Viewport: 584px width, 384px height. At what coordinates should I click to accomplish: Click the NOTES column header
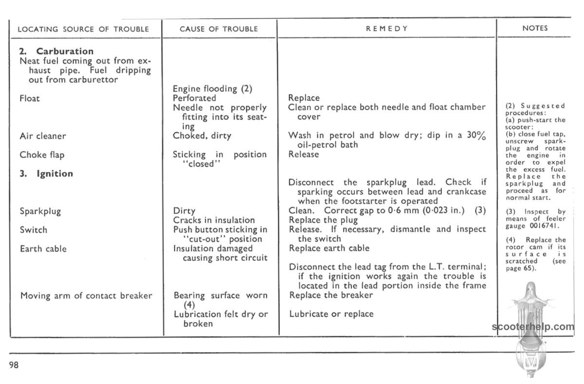535,28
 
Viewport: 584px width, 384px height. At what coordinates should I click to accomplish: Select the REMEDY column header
387,29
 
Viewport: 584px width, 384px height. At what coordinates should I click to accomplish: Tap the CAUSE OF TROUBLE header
219,29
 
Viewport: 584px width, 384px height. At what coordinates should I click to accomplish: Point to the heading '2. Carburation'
56,51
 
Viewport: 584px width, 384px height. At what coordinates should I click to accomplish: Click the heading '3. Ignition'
46,174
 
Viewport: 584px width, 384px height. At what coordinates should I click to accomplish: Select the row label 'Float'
30,98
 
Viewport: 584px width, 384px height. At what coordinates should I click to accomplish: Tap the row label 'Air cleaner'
42,136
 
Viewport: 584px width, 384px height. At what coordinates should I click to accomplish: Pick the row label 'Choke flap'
42,155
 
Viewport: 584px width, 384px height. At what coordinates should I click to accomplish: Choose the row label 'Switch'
33,230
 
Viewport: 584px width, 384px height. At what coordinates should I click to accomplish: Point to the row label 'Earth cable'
43,249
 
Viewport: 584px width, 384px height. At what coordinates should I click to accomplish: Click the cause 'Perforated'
194,98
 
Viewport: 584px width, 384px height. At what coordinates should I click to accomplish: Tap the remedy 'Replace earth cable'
329,248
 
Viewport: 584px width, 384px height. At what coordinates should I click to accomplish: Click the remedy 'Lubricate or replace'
331,314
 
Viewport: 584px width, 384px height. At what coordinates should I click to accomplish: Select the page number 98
14,365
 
